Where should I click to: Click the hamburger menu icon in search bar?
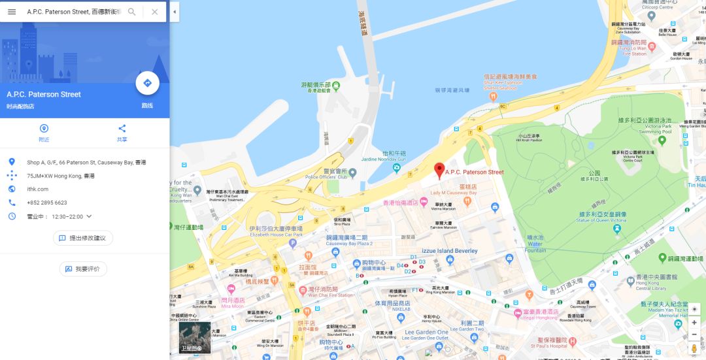pyautogui.click(x=12, y=12)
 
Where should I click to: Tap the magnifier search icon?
pyautogui.click(x=132, y=12)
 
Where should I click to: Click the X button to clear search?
pyautogui.click(x=154, y=12)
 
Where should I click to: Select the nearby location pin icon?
pyautogui.click(x=44, y=129)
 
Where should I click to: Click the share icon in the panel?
pyautogui.click(x=122, y=129)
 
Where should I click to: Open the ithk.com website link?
pyautogui.click(x=37, y=189)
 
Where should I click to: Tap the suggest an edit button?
pyautogui.click(x=83, y=238)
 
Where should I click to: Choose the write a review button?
pyautogui.click(x=83, y=269)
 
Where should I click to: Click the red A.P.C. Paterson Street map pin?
pyautogui.click(x=439, y=170)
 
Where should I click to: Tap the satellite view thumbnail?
pyautogui.click(x=195, y=337)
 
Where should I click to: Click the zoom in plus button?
pyautogui.click(x=694, y=322)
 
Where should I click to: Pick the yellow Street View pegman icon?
pyautogui.click(x=694, y=348)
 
